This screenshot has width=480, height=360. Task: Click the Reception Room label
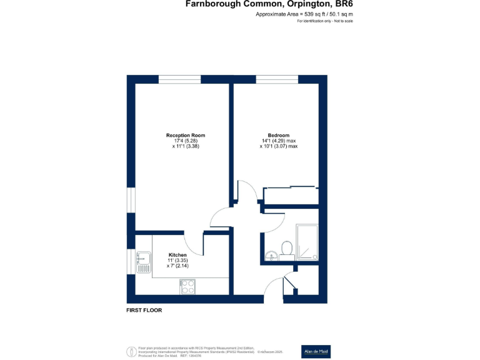185,136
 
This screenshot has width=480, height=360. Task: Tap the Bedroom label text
278,136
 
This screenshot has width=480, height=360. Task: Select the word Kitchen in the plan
177,255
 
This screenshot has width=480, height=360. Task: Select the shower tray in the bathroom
307,243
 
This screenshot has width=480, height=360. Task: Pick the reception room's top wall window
179,79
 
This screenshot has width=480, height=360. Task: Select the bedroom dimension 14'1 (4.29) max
279,141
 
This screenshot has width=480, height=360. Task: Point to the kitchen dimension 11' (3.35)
177,261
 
